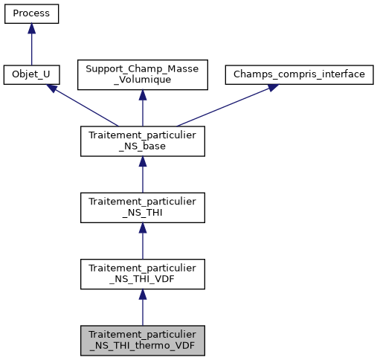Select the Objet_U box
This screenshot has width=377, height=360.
click(31, 75)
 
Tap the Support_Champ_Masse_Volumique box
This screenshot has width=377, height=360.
click(142, 75)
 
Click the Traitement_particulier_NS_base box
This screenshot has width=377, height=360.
click(142, 141)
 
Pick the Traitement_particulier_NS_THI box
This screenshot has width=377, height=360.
click(142, 208)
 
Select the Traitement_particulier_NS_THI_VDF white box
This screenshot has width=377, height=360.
click(142, 274)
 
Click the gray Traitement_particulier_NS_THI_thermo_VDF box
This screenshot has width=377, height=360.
click(142, 340)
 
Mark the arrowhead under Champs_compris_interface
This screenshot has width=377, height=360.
click(272, 88)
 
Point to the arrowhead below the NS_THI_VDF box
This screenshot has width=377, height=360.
click(142, 295)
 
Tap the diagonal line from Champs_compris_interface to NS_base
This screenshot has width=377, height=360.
click(223, 106)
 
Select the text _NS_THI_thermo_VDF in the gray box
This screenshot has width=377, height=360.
click(142, 346)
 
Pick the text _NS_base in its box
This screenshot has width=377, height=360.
click(142, 147)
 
